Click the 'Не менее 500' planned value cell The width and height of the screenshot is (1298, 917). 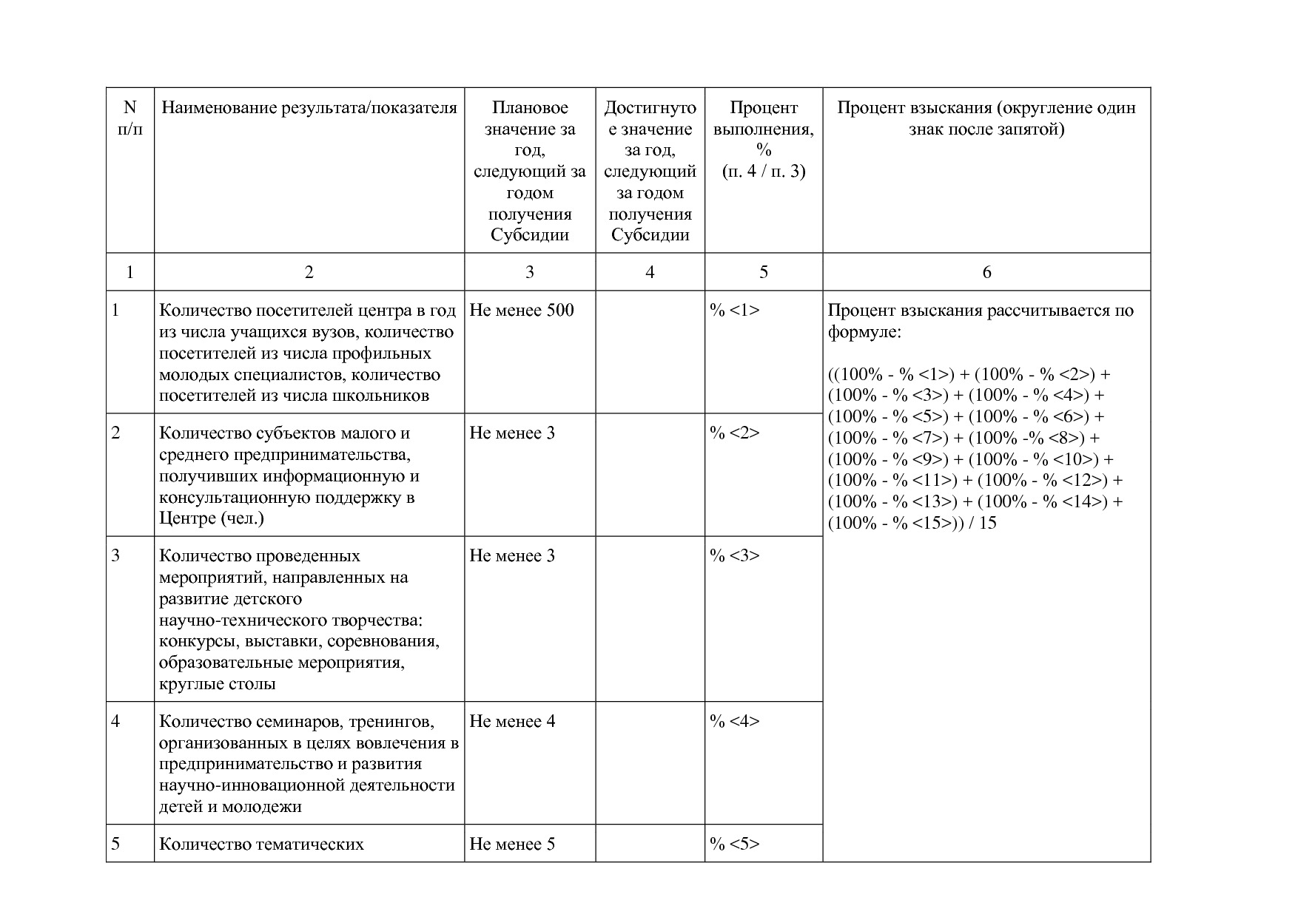[x=522, y=311]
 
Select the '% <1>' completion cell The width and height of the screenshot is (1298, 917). [x=735, y=311]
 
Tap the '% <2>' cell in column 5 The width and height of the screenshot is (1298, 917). [x=735, y=433]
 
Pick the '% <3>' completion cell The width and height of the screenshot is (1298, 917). [x=735, y=556]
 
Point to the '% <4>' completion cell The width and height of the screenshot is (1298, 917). [x=735, y=722]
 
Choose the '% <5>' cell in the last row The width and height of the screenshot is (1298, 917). [x=735, y=845]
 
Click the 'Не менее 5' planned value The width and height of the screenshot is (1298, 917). [x=512, y=845]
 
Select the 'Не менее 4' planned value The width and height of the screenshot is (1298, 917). [x=512, y=722]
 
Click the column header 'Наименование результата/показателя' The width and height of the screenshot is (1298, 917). [x=309, y=109]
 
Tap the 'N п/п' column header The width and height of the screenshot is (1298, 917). [x=130, y=119]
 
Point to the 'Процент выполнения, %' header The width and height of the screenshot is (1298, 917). [x=764, y=129]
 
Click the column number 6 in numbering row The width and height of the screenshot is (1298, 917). [x=986, y=273]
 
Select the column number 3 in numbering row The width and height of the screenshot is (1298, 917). [x=530, y=273]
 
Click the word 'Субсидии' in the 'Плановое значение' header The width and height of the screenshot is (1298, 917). [x=530, y=236]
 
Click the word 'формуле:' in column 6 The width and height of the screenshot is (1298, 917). [x=864, y=333]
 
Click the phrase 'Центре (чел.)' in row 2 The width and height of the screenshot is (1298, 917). [x=212, y=518]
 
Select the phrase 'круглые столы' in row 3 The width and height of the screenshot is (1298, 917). [x=218, y=684]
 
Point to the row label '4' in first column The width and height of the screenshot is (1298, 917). [x=115, y=722]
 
